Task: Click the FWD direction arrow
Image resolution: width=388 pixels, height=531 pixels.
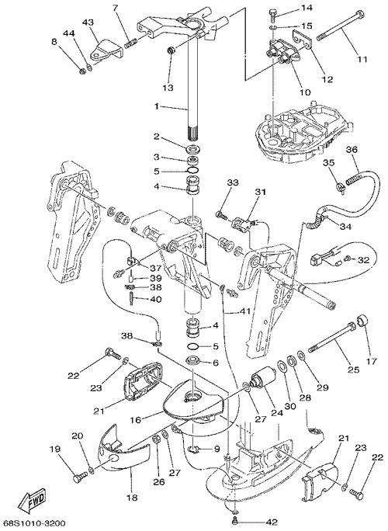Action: click(33, 498)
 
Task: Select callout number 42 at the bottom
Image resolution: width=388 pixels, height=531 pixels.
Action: click(271, 522)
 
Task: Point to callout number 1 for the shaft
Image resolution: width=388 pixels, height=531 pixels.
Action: click(157, 106)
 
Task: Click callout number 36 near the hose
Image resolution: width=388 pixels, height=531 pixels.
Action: click(352, 149)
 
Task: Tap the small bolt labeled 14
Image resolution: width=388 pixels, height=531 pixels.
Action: click(273, 15)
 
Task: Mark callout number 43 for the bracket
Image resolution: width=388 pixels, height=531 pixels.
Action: click(88, 22)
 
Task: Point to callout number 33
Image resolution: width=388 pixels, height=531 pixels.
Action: click(233, 182)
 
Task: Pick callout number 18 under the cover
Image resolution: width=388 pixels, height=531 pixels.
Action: click(132, 498)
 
